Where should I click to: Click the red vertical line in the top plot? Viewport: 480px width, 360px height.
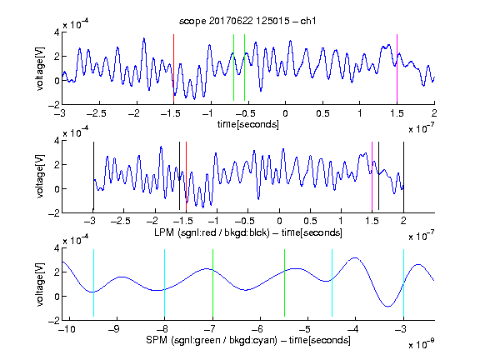173,68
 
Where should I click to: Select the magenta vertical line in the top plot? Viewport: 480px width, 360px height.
397,68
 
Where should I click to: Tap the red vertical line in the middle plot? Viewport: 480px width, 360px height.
186,176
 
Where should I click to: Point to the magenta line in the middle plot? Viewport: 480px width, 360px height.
372,176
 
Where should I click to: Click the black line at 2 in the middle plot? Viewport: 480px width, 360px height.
403,176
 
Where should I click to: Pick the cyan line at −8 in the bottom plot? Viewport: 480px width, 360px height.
165,282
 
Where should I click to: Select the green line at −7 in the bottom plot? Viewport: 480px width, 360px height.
212,282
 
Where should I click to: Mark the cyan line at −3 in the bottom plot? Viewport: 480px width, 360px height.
403,282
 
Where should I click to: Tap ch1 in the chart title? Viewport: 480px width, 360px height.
308,21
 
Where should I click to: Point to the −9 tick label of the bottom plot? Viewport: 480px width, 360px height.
114,329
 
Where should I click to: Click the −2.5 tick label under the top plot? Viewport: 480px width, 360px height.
96,113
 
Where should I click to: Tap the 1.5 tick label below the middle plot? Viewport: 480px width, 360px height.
372,221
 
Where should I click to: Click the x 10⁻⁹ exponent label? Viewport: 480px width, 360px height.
422,344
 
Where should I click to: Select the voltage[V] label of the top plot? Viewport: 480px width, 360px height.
40,68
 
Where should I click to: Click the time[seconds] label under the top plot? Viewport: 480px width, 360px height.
248,124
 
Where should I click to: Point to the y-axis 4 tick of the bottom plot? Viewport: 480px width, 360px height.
57,248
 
